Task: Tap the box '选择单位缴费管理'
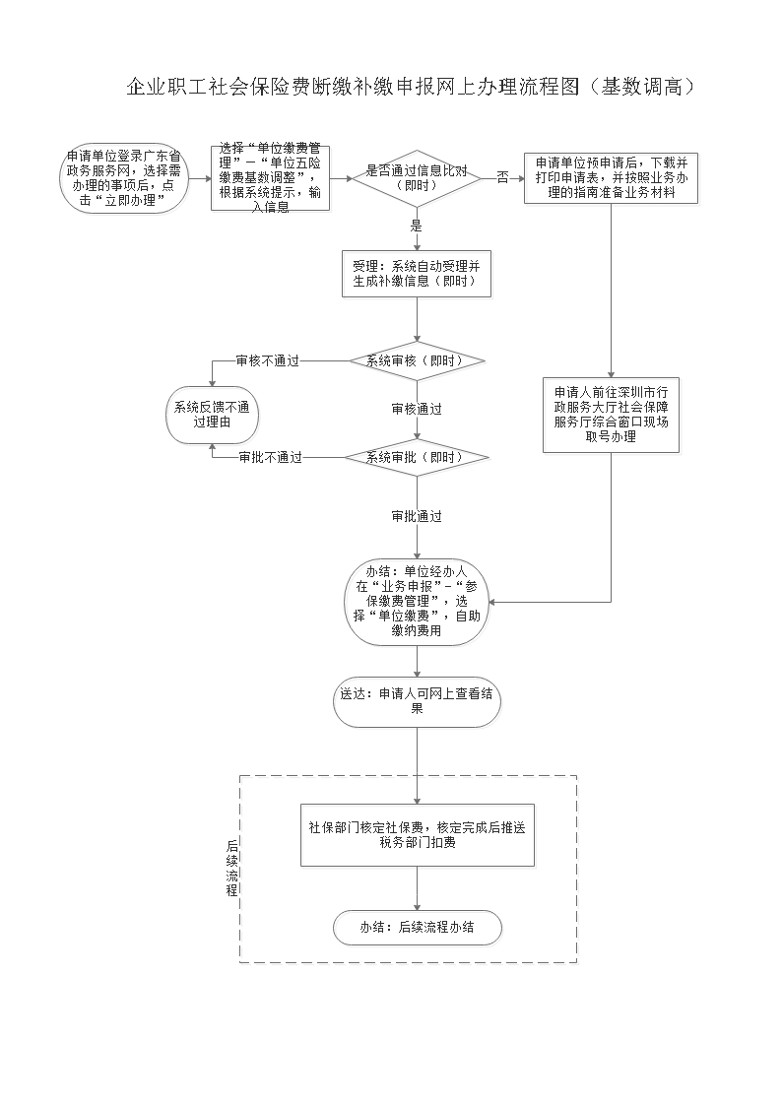pos(269,178)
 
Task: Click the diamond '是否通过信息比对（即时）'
pos(417,178)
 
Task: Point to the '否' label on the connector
pos(502,178)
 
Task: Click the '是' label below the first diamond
pos(416,226)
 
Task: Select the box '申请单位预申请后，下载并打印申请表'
pos(611,178)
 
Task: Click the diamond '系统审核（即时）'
pos(417,360)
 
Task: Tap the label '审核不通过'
pos(267,360)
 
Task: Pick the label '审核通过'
pos(416,409)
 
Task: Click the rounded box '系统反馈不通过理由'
pos(212,415)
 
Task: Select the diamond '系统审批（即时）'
pos(417,458)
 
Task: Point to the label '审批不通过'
pos(269,458)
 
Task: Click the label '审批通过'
pos(416,516)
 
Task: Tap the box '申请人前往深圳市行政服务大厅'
pos(611,415)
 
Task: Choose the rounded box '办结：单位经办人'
pos(417,602)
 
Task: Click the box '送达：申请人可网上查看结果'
pos(417,700)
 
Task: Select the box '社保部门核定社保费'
pos(417,834)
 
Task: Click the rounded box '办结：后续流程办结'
pos(417,927)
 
